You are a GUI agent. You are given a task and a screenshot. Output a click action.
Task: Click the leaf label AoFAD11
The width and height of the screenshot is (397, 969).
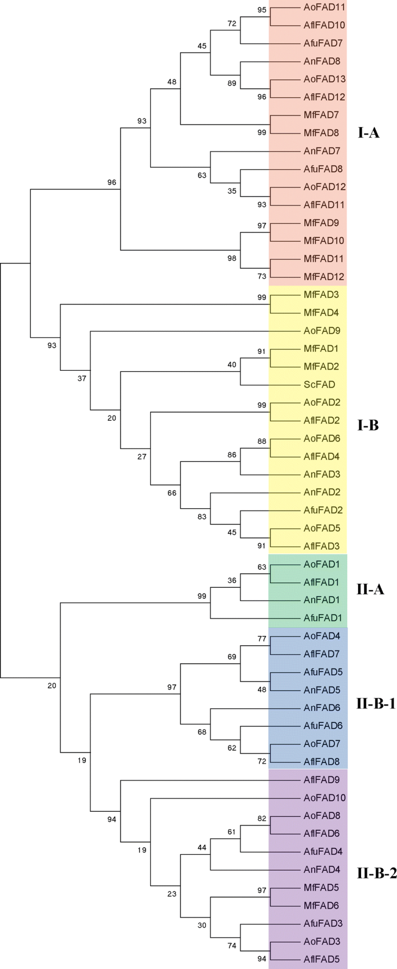324,8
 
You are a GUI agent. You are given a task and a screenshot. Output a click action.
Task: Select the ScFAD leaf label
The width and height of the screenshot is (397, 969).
319,385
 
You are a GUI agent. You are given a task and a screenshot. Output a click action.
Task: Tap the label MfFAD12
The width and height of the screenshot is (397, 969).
324,277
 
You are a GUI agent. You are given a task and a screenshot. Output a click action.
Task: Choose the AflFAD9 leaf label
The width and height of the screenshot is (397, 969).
322,780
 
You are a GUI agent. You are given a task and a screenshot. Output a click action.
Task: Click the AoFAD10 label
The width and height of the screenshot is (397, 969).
324,798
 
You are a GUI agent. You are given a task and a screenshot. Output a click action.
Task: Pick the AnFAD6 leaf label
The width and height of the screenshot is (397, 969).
322,708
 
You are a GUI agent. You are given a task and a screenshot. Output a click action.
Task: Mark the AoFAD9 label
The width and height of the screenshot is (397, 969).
322,331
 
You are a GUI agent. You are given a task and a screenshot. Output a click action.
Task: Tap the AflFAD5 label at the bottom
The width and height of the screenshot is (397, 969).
322,960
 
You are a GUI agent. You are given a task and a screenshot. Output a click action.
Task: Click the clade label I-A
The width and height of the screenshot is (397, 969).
369,133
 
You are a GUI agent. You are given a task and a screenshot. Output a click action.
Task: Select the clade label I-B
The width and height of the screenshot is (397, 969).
368,425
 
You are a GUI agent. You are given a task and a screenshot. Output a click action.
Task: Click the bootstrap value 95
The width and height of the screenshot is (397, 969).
261,10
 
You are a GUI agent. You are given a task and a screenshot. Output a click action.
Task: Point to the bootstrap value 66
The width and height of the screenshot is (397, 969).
172,493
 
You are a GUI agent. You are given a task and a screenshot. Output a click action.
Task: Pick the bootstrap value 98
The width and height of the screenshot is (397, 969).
232,258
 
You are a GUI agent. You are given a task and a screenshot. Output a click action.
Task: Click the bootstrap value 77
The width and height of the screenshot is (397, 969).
261,639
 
